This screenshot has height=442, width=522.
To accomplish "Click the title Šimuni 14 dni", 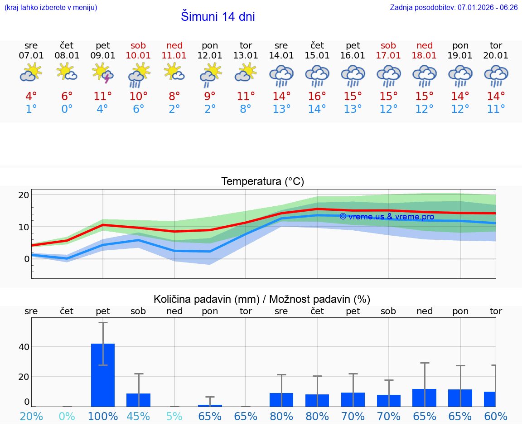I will (217, 17).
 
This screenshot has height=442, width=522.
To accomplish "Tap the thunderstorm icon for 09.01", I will (103, 74).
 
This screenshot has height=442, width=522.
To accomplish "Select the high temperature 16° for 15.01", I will (317, 97).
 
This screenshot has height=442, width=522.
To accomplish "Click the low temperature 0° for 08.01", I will (67, 109).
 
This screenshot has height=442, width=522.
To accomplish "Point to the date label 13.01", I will (246, 56).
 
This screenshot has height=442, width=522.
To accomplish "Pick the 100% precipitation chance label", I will (103, 416).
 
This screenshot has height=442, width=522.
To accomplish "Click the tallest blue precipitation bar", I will (103, 375).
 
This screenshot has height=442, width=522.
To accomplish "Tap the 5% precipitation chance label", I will (174, 416).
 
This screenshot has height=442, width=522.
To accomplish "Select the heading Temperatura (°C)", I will (262, 182).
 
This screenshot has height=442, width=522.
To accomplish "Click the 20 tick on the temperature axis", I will (24, 195).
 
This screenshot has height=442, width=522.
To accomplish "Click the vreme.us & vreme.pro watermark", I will (387, 217).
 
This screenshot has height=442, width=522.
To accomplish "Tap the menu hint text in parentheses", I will (51, 8).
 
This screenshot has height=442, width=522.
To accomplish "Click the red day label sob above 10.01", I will (139, 45).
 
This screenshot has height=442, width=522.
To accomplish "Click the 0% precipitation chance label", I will (67, 416).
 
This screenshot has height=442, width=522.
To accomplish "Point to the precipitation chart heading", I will (262, 299).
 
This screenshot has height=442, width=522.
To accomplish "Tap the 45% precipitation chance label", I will (139, 416).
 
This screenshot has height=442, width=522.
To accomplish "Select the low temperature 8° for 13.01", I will (246, 109).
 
